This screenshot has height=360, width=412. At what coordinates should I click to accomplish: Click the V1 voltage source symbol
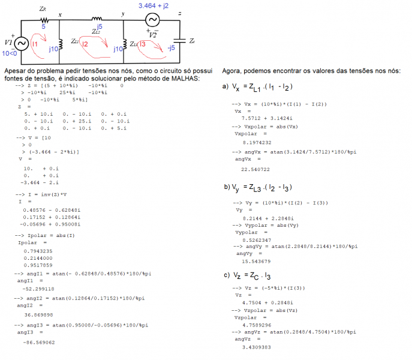click(20, 44)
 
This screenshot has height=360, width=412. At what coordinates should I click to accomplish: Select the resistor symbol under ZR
click(43, 19)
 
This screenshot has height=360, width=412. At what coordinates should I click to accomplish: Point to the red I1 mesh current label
click(35, 44)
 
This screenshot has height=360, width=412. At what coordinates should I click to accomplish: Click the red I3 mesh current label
click(142, 44)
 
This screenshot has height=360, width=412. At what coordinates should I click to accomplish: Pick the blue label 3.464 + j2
click(154, 5)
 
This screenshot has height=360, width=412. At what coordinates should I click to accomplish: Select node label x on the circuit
click(59, 13)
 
